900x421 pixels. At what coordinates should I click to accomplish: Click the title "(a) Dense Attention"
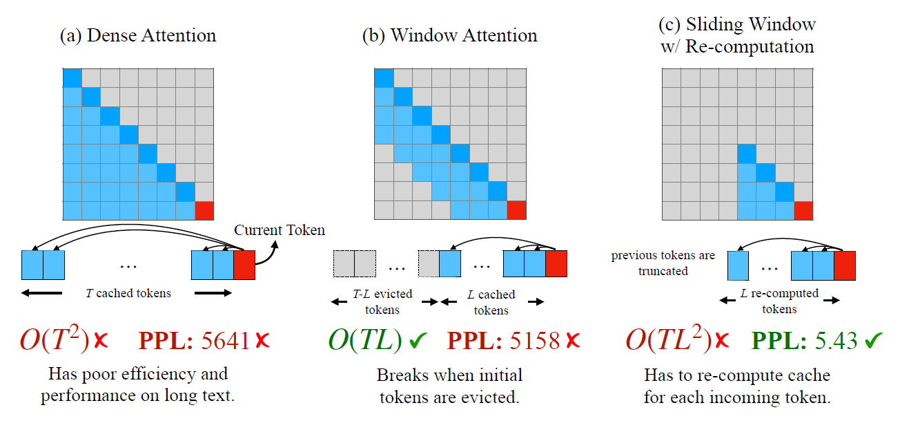coord(138,35)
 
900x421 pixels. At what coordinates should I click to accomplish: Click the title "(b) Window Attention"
coord(449,35)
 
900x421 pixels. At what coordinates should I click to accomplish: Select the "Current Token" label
coord(280,230)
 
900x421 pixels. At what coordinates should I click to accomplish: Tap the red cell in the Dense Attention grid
coord(204,210)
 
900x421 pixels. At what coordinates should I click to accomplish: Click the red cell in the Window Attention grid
coord(516,210)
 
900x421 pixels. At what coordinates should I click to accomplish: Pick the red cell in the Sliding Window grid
coord(803,210)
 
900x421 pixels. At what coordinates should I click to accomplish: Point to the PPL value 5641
coord(225,341)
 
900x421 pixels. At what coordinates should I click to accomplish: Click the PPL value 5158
coord(535,341)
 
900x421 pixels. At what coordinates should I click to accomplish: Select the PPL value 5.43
coord(836,341)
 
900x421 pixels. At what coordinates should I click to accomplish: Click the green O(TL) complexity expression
coord(365,340)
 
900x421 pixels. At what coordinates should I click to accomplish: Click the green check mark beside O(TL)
coord(418,341)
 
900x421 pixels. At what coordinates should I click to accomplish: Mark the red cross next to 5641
coord(262,341)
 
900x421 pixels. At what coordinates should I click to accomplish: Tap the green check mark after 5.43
coord(874,341)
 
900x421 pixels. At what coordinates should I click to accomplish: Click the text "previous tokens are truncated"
coord(663,263)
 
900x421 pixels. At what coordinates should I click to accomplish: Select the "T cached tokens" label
coord(128,293)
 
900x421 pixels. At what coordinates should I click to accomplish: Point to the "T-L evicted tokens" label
coord(382,301)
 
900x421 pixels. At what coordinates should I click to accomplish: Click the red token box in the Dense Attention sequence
coord(244,265)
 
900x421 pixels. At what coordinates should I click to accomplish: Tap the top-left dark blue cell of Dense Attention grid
coord(72,77)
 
